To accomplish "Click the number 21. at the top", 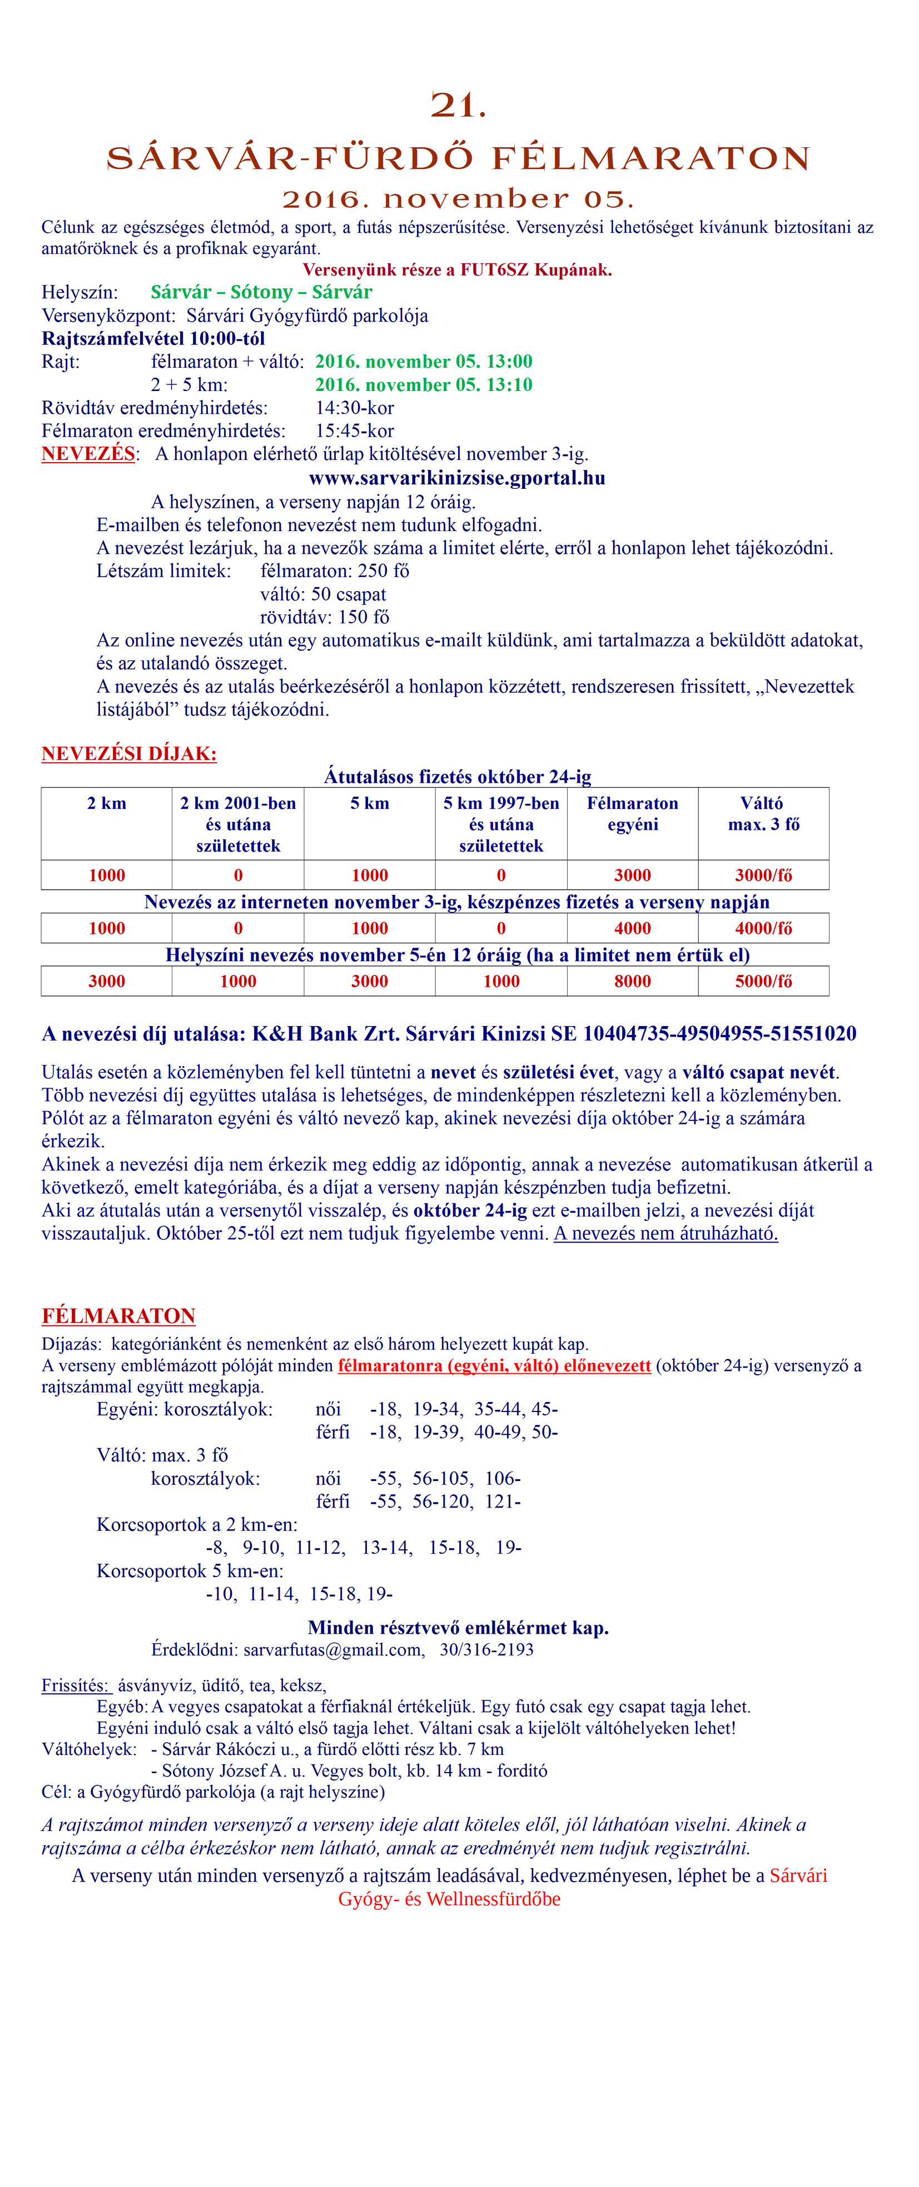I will (x=459, y=106).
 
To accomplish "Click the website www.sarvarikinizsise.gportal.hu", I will (x=457, y=478).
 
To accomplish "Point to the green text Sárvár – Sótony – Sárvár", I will (x=262, y=293).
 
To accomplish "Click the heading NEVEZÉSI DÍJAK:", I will (x=129, y=754).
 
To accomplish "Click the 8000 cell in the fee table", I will (x=633, y=982).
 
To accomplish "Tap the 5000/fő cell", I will (x=763, y=982).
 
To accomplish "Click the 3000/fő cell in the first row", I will (x=763, y=875).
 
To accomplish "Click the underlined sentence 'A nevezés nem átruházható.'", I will (x=666, y=1234).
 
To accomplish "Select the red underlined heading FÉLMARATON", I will (x=119, y=1316).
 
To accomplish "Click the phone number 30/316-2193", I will (x=486, y=1650).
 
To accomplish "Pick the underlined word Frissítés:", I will (x=76, y=1685).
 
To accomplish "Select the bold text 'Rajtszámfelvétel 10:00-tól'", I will (x=153, y=339).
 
